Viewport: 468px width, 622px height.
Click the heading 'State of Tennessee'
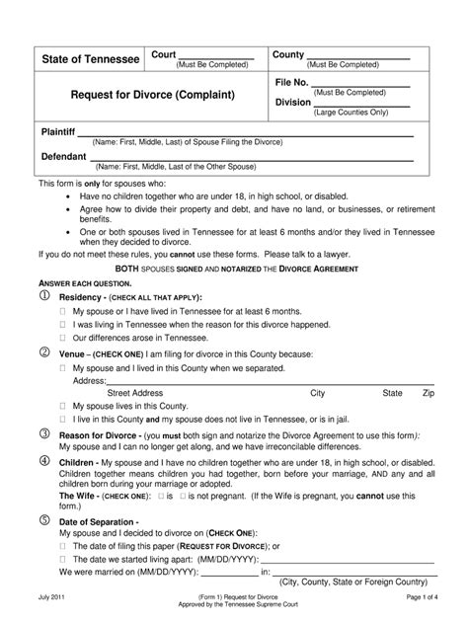tap(90, 60)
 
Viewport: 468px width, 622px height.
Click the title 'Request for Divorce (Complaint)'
tap(146, 96)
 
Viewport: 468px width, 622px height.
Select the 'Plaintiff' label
tap(57, 132)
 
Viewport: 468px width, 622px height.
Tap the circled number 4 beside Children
tap(43, 460)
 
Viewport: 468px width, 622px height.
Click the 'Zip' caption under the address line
tap(429, 392)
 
